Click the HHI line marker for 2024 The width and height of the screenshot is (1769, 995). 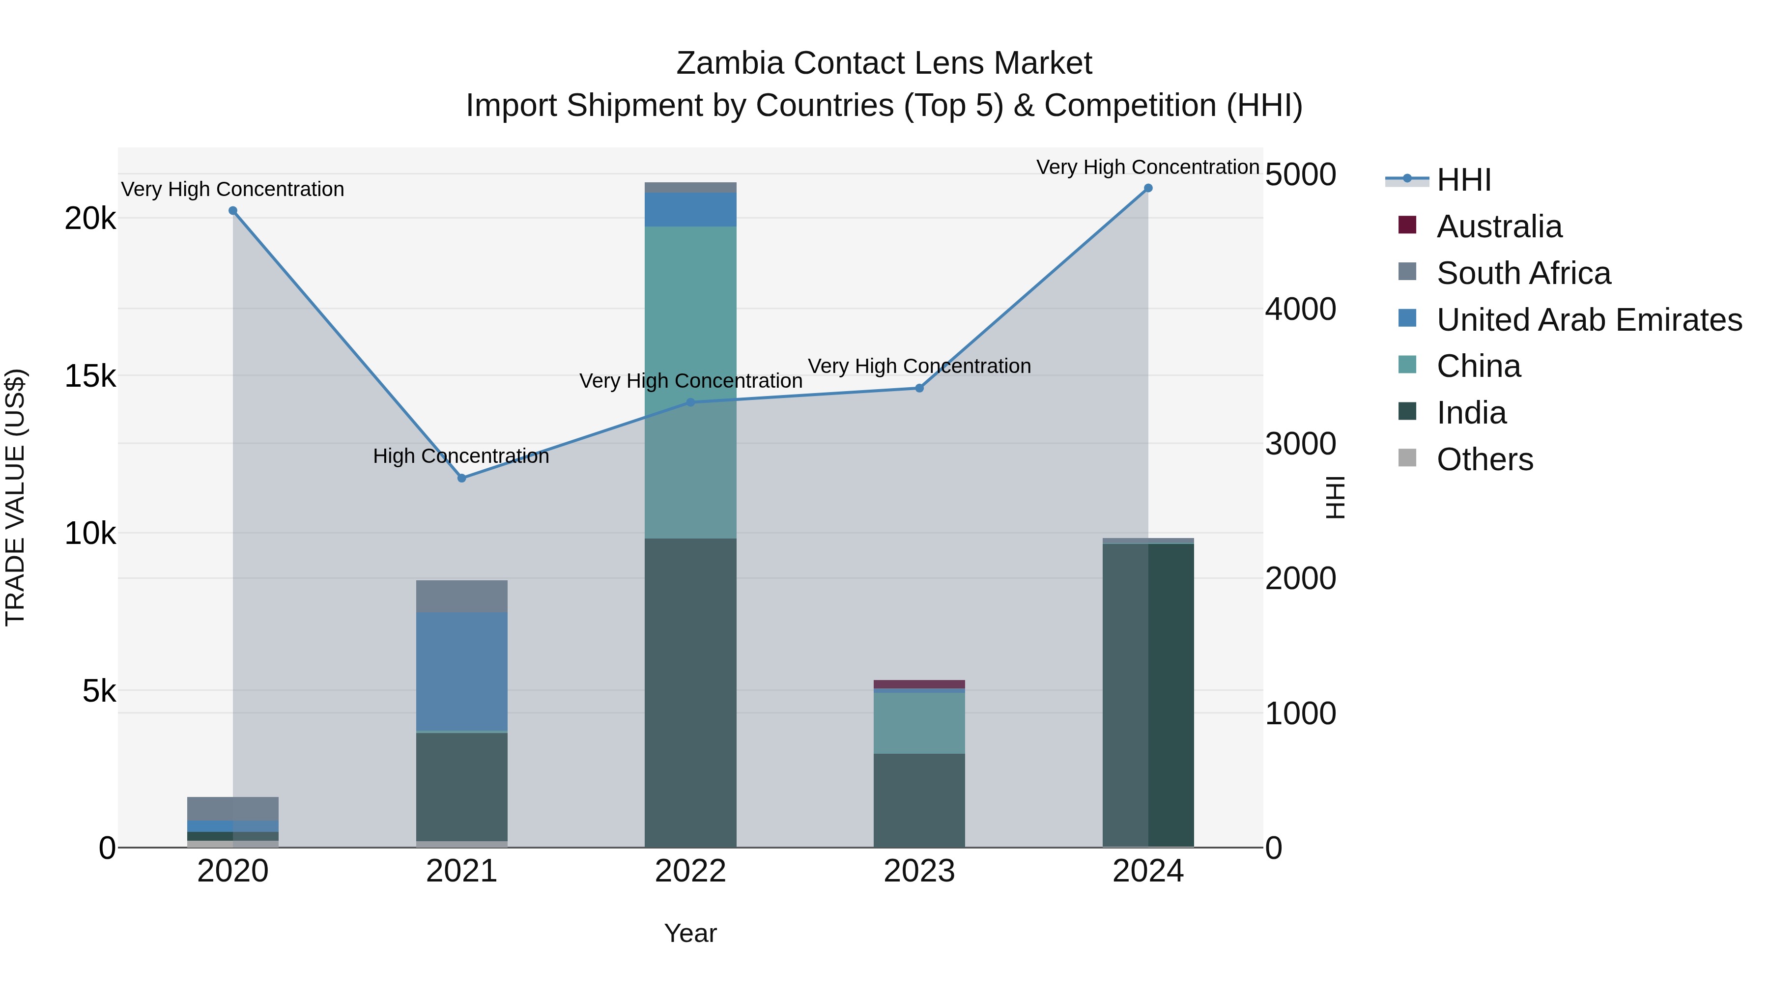[x=1147, y=188]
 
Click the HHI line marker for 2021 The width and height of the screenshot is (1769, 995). [x=461, y=478]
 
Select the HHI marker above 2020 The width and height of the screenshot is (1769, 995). [x=233, y=211]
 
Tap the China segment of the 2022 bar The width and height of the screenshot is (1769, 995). [x=690, y=382]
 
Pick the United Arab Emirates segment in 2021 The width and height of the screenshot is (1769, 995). [x=461, y=672]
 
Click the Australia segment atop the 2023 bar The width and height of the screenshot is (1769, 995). [x=919, y=684]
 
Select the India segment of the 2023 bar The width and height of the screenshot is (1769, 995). [x=919, y=800]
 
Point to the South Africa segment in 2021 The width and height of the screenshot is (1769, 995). [x=461, y=596]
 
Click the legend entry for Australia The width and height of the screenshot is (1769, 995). [x=1499, y=227]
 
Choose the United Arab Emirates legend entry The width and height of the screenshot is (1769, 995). [x=1588, y=320]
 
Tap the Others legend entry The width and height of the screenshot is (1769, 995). [x=1484, y=459]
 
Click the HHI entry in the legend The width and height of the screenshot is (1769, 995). [x=1463, y=180]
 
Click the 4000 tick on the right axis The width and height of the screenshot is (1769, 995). [x=1300, y=309]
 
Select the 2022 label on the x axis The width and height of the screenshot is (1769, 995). [x=690, y=871]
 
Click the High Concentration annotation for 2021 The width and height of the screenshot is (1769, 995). [x=461, y=456]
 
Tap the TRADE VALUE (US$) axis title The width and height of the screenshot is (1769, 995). [x=15, y=497]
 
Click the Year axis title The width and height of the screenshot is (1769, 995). [x=690, y=933]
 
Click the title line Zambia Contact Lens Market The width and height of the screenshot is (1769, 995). [x=884, y=63]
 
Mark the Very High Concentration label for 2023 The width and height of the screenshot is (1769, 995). [x=919, y=366]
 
